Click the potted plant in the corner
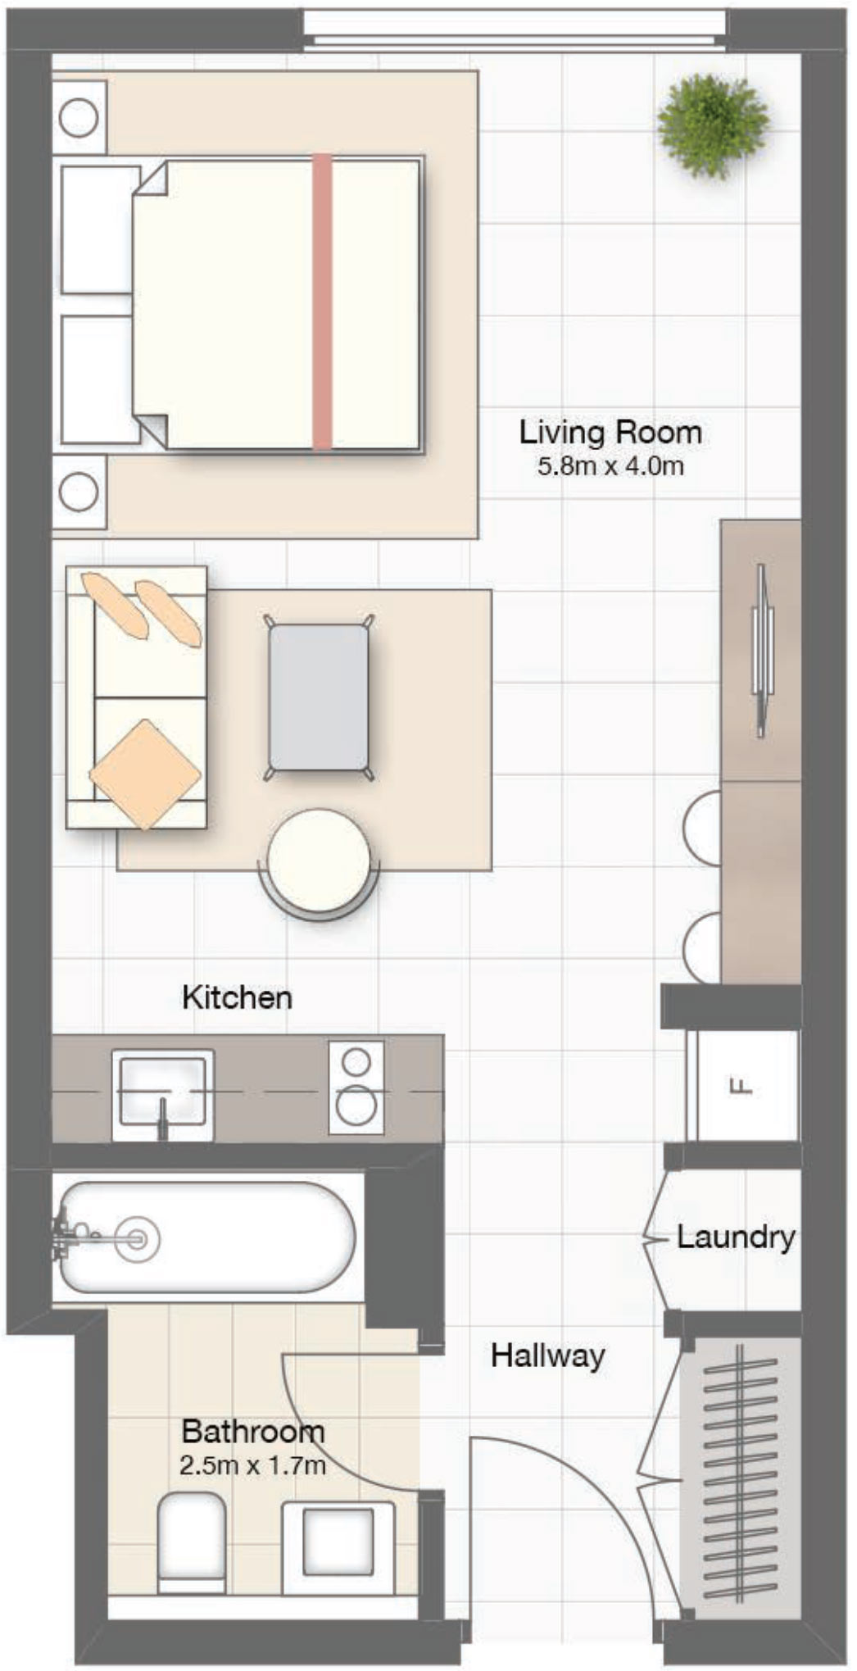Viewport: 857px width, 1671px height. pos(713,125)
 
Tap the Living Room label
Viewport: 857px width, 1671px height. pos(610,432)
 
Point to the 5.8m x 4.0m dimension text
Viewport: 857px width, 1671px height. pos(610,467)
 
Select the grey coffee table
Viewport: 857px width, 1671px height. pos(319,697)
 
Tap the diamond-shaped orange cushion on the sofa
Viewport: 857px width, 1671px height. pos(145,774)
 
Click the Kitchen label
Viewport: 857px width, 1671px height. pos(237,997)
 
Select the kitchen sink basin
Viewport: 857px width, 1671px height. pos(161,1090)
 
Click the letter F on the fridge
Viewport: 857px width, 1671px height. pos(741,1088)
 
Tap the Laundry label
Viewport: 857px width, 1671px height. pos(736,1236)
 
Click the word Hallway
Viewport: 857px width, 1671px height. pos(547,1355)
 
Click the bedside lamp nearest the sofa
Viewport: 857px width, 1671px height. pos(79,492)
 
